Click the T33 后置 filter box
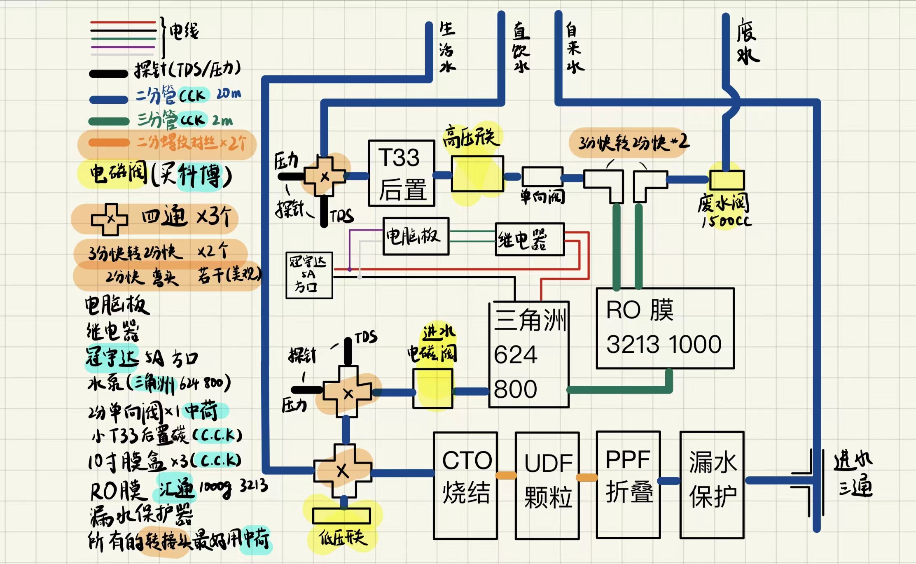pos(402,173)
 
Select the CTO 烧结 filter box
pos(465,485)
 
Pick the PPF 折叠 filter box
pos(628,485)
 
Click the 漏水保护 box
pos(712,485)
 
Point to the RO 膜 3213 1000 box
pos(665,328)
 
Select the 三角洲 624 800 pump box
pos(529,355)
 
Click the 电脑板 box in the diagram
pos(416,236)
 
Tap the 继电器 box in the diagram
pos(530,239)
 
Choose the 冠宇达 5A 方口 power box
pos(309,275)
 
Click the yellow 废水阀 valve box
pos(727,180)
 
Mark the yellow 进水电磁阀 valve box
pos(432,388)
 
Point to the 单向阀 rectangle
pos(542,177)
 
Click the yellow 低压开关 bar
pos(341,516)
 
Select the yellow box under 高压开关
pos(477,174)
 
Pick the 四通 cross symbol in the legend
pos(110,219)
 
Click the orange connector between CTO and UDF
pos(506,475)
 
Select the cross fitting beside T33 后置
pos(325,176)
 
